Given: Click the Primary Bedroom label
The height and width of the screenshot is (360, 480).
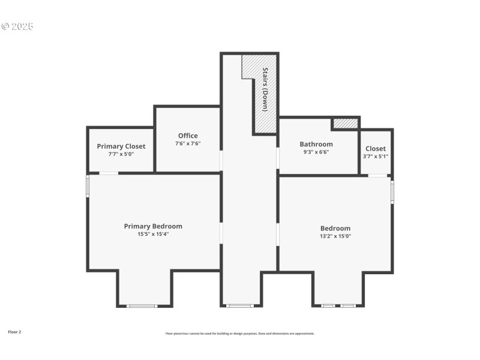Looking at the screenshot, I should (x=153, y=226).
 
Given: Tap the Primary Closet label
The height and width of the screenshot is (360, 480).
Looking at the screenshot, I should (x=121, y=146).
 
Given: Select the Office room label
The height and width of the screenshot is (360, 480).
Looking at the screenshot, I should (x=188, y=136).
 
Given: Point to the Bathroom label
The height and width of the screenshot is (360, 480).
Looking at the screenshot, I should (x=316, y=144).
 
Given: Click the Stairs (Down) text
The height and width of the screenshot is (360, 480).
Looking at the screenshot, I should (x=265, y=89).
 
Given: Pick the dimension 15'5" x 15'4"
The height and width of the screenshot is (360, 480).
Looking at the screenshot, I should (x=153, y=234).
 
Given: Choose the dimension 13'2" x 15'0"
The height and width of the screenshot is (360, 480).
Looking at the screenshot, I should (x=335, y=236).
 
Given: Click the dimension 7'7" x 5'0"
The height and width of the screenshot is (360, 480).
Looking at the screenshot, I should (x=121, y=154).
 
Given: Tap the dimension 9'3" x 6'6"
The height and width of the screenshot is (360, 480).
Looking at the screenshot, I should (x=316, y=152).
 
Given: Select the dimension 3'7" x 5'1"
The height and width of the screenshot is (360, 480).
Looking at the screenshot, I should (x=376, y=156).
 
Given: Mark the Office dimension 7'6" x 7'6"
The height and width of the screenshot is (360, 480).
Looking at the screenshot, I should (x=188, y=143).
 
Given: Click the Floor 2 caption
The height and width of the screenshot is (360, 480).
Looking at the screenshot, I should (x=14, y=332).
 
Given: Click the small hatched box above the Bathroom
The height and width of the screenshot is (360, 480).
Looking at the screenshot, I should (x=346, y=124).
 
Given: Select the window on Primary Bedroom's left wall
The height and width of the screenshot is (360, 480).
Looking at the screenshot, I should (x=88, y=186).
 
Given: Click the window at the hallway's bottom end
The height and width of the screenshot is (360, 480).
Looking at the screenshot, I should (x=240, y=305).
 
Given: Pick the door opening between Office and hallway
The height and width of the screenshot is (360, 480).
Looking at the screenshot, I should (x=221, y=160).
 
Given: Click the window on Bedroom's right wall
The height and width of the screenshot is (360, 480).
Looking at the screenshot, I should (x=392, y=193).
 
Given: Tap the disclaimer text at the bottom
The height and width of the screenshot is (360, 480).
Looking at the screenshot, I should (x=240, y=334).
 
